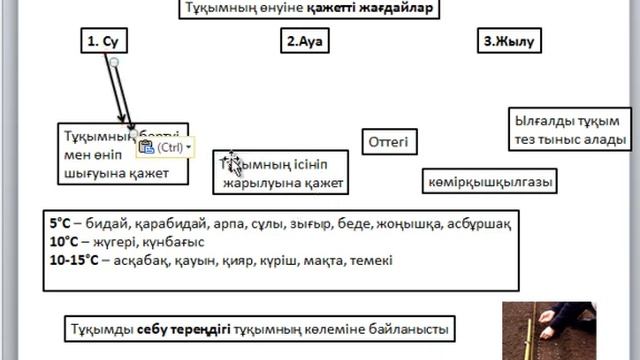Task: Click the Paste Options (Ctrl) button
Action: pos(165,147)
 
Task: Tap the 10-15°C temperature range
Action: pos(74,260)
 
